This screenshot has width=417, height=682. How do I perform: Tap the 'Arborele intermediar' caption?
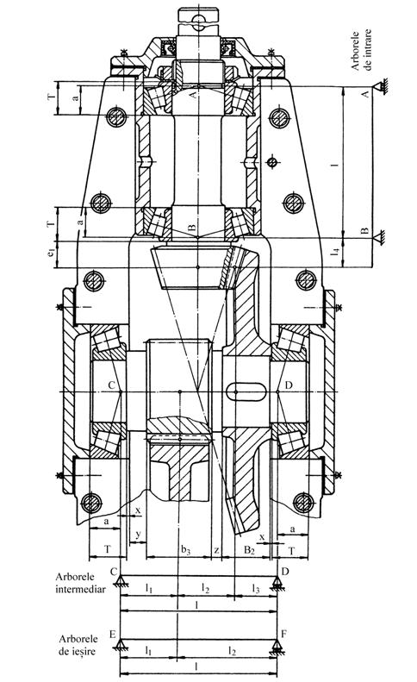(x=80, y=583)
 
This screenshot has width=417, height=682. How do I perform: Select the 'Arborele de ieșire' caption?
(x=78, y=645)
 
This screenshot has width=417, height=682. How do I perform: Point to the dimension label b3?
(x=186, y=551)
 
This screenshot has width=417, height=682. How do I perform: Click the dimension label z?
(x=216, y=550)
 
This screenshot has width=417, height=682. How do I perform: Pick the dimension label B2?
(x=249, y=550)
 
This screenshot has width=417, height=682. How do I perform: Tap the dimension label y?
(x=138, y=534)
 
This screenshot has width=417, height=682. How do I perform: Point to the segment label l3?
(x=256, y=589)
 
